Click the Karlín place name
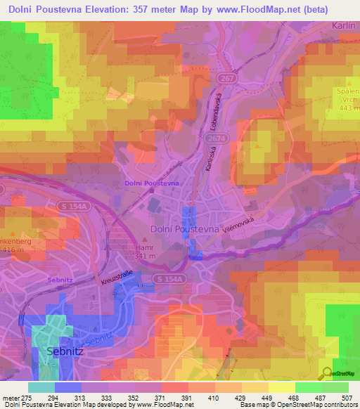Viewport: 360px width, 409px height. pos(344,26)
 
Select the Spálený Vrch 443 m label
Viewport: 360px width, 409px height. pos(346,102)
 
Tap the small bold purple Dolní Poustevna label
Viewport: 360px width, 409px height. pos(151,183)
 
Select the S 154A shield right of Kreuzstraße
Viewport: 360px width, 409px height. pos(168,279)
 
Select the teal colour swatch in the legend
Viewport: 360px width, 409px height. pos(41,387)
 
